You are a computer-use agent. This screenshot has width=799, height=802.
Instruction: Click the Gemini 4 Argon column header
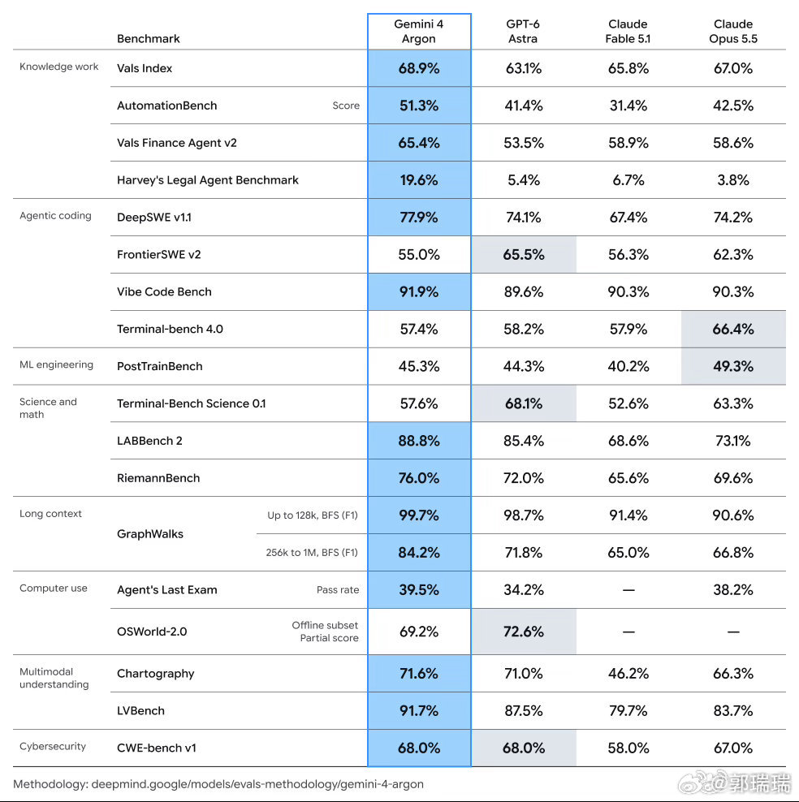tap(418, 31)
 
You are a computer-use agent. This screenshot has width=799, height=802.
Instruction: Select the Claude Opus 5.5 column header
tap(733, 31)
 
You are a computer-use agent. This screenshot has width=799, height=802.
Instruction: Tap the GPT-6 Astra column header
tap(523, 31)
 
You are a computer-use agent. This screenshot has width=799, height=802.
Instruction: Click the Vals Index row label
tap(145, 68)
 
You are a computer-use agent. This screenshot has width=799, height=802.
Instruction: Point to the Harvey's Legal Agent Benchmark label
tap(208, 180)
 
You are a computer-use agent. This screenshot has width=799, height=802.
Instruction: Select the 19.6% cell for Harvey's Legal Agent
tap(419, 180)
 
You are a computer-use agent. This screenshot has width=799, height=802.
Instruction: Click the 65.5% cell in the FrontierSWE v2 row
tap(524, 255)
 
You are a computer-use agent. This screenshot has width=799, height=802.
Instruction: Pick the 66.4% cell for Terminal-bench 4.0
tap(733, 330)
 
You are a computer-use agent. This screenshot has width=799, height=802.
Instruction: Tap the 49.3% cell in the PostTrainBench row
tap(733, 367)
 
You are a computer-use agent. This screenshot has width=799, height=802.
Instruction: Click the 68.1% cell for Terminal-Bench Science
tap(524, 404)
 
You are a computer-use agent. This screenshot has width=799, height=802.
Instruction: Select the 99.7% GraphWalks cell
tap(419, 515)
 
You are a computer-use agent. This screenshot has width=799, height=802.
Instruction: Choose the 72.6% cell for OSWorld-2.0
tap(524, 632)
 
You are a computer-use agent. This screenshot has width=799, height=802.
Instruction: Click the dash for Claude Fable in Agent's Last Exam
tap(628, 590)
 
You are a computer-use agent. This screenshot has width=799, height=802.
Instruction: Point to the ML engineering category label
tap(56, 364)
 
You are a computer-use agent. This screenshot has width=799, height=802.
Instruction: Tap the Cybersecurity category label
tap(53, 746)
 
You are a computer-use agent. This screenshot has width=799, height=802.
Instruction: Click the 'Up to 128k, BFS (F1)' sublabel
tap(313, 515)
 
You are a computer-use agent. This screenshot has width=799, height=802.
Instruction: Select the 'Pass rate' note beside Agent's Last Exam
tap(338, 590)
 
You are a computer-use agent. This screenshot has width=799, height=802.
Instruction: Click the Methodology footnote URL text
tap(257, 784)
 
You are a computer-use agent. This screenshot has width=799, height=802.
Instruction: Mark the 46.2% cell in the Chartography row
tap(628, 674)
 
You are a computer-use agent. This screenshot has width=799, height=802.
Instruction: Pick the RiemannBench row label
tap(158, 478)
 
